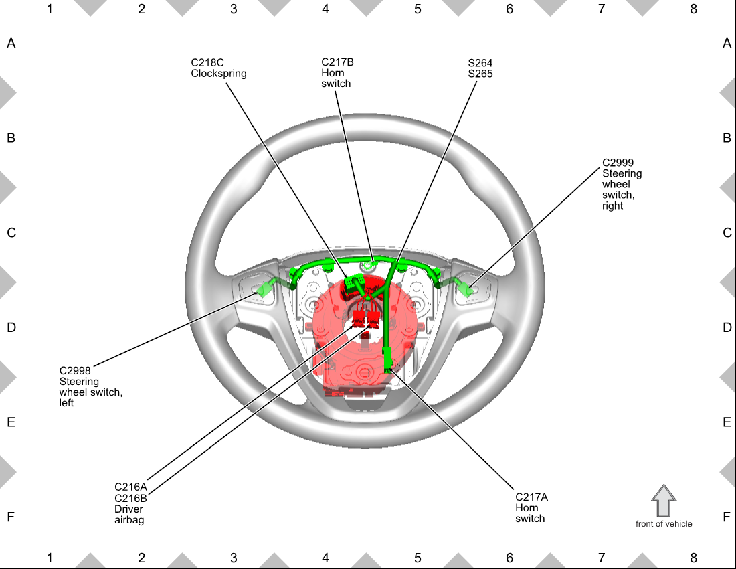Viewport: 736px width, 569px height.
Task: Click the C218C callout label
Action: pos(207,62)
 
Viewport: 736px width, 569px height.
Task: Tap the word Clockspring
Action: pos(218,74)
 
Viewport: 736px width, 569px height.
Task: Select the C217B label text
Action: pos(337,62)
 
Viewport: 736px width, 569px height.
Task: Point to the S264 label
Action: pos(480,63)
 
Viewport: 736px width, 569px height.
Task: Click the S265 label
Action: pos(480,74)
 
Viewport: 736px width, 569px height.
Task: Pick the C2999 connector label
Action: pos(618,163)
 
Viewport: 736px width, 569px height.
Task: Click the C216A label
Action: pos(130,487)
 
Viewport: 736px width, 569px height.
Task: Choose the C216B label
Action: pos(130,498)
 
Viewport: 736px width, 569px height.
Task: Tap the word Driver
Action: pos(128,509)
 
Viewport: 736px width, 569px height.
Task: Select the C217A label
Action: pos(531,497)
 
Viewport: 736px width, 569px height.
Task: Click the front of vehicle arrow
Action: pos(664,501)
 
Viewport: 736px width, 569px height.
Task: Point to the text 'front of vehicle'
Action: pos(664,524)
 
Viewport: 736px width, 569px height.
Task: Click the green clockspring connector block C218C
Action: pos(353,281)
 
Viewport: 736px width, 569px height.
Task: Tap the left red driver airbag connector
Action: pos(359,317)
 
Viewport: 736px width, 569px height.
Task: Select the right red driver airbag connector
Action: pos(373,317)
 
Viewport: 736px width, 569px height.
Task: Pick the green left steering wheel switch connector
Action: pos(264,289)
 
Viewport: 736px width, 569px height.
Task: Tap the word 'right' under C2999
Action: pos(612,206)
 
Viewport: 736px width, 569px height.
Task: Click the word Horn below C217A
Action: pos(527,507)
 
